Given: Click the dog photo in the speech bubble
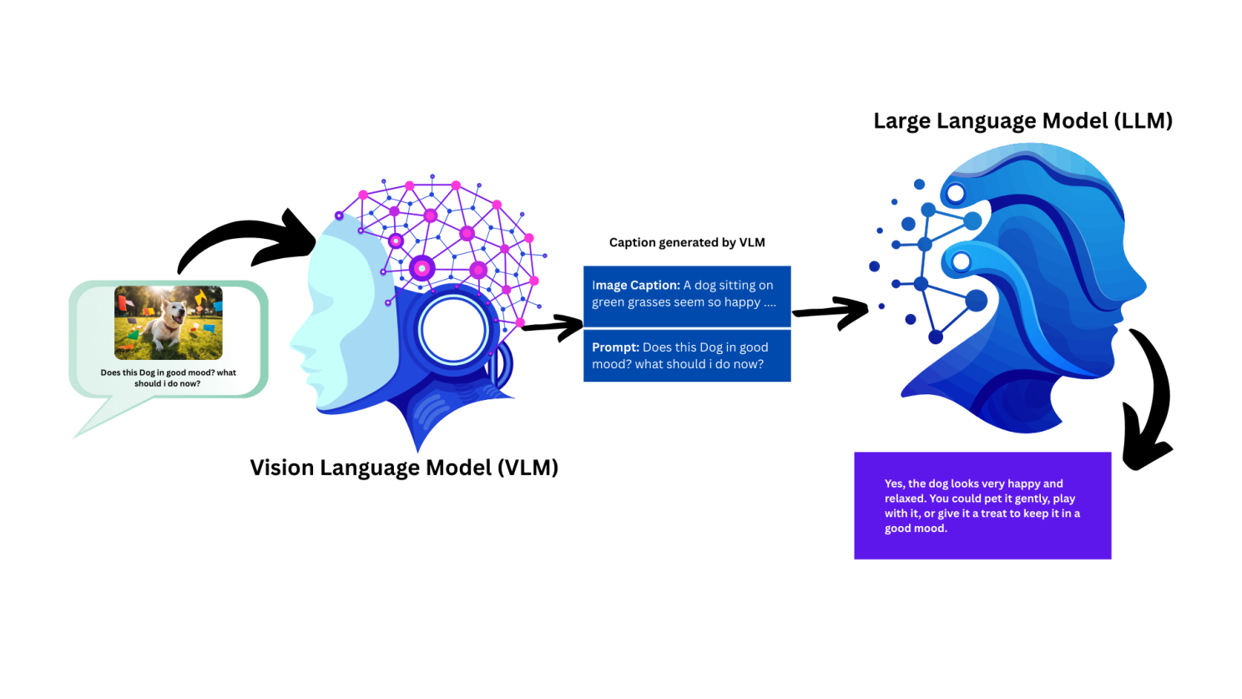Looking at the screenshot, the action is pos(169,322).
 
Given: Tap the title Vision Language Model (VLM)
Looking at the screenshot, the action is pos(404,468).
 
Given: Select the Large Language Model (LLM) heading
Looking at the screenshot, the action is pos(1023,121).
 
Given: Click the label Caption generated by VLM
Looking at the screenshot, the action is pos(687,242).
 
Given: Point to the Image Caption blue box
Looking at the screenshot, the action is pos(687,296).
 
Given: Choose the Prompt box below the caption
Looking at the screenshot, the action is pos(687,356).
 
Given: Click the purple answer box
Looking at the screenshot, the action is pos(982,505).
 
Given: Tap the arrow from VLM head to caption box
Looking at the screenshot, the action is pos(553,327).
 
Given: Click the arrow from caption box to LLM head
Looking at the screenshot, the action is pos(831,312).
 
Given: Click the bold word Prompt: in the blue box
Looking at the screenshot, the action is pos(615,347).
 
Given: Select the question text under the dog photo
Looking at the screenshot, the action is pos(168,377).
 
